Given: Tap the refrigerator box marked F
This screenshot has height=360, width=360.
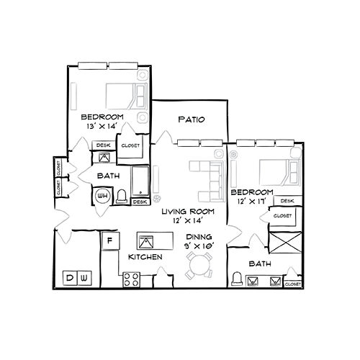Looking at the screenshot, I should pos(110,240).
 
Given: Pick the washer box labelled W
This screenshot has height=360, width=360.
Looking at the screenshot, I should pos(84,277).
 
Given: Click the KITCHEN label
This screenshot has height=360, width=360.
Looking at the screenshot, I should pos(144,257).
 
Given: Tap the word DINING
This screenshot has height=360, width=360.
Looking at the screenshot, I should pos(199,236).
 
